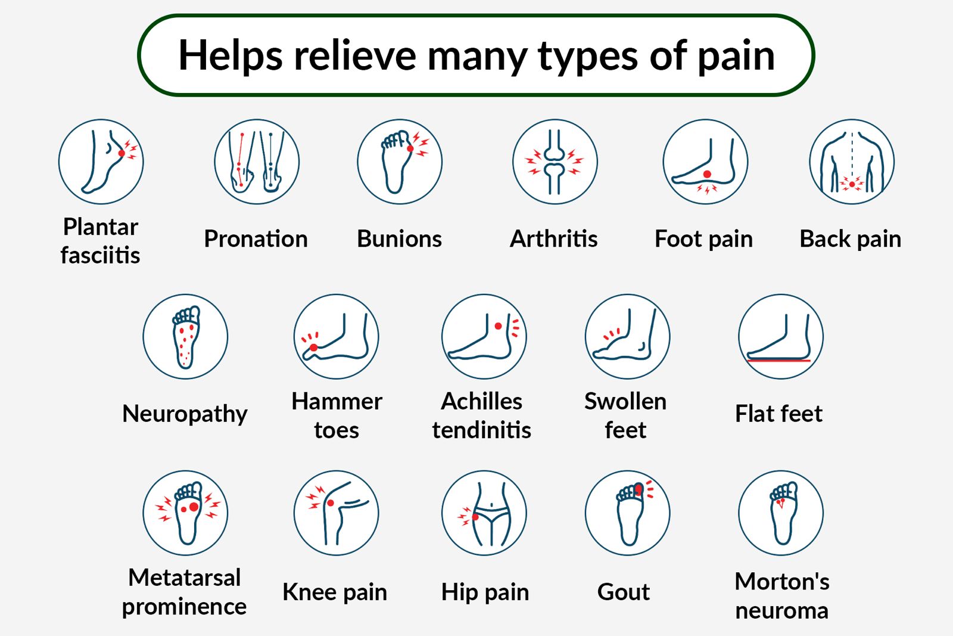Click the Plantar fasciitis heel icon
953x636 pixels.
pos(101,162)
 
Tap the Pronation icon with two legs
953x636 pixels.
pos(257,162)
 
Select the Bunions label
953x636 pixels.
pos(399,239)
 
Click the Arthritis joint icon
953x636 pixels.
pos(555,162)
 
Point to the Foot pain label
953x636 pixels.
pos(703,239)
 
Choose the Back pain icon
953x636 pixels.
pos(852,162)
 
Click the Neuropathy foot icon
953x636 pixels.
pos(185,336)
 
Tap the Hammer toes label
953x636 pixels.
pos(337,415)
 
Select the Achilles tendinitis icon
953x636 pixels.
pos(484,336)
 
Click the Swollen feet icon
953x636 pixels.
pos(627,336)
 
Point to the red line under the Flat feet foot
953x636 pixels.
pos(779,361)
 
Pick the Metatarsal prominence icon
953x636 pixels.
pos(185,513)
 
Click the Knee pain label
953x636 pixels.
pos(335,592)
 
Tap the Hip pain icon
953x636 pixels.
pos(484,513)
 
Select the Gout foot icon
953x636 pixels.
pos(627,513)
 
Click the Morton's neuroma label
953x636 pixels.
pos(781,595)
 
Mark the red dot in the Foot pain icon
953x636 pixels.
pos(707,174)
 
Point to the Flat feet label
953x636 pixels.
pos(778,414)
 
